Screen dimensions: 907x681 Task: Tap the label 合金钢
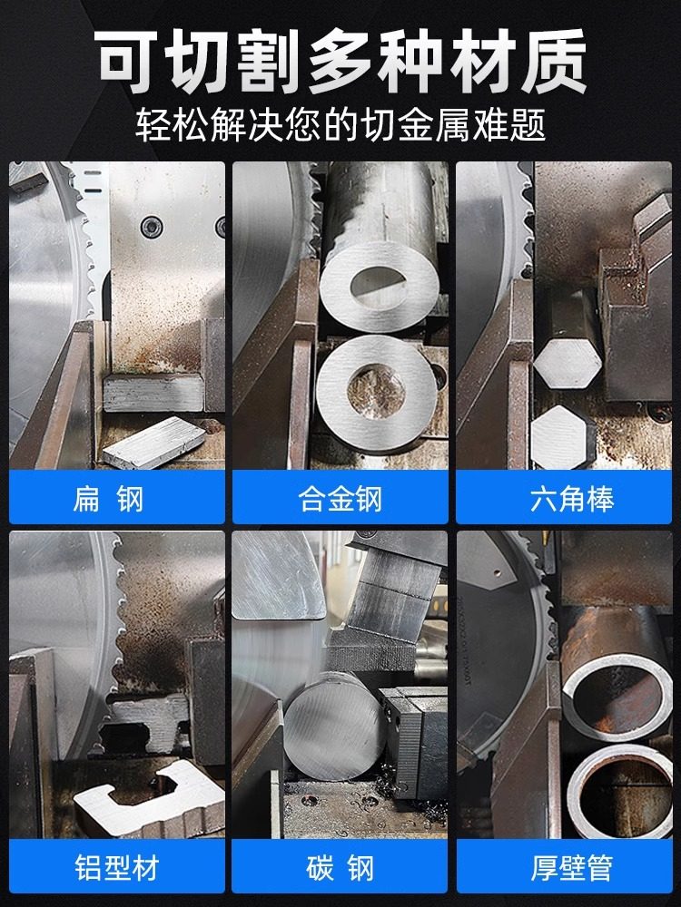click(x=340, y=500)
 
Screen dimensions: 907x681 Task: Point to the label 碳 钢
click(x=340, y=868)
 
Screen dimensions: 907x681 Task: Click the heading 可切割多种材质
click(x=340, y=62)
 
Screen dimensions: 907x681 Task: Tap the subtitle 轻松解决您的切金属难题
click(x=340, y=125)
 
